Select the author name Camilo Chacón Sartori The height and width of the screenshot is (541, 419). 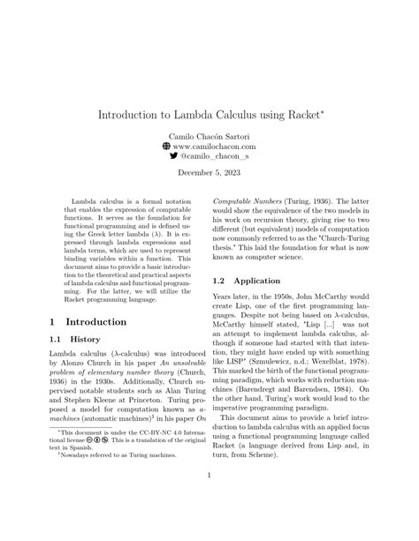click(209, 139)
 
